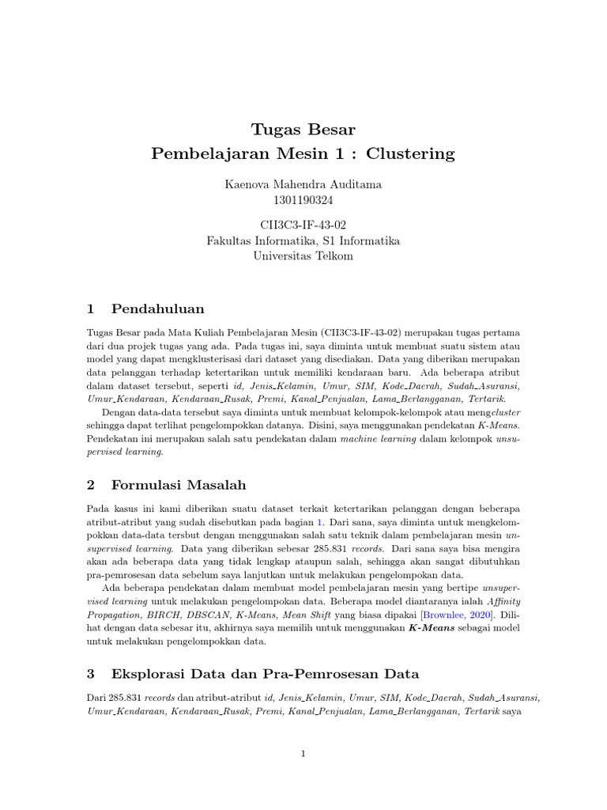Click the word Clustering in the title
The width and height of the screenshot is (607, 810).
pyautogui.click(x=412, y=153)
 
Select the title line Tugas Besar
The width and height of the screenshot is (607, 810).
pyautogui.click(x=303, y=129)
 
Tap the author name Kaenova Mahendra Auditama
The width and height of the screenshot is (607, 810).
pyautogui.click(x=303, y=184)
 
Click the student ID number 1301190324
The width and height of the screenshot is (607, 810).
pyautogui.click(x=303, y=199)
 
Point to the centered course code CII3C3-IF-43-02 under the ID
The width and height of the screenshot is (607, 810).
pyautogui.click(x=303, y=225)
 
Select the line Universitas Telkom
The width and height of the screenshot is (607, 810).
pyautogui.click(x=303, y=255)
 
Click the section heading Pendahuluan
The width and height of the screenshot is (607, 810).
pyautogui.click(x=158, y=308)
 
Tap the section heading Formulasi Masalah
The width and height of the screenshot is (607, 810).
pyautogui.click(x=179, y=484)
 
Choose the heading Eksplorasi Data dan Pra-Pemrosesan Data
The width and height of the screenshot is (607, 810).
pyautogui.click(x=266, y=674)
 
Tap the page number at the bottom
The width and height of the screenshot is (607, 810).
pyautogui.click(x=303, y=754)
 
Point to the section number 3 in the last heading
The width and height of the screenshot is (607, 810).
pyautogui.click(x=91, y=674)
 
